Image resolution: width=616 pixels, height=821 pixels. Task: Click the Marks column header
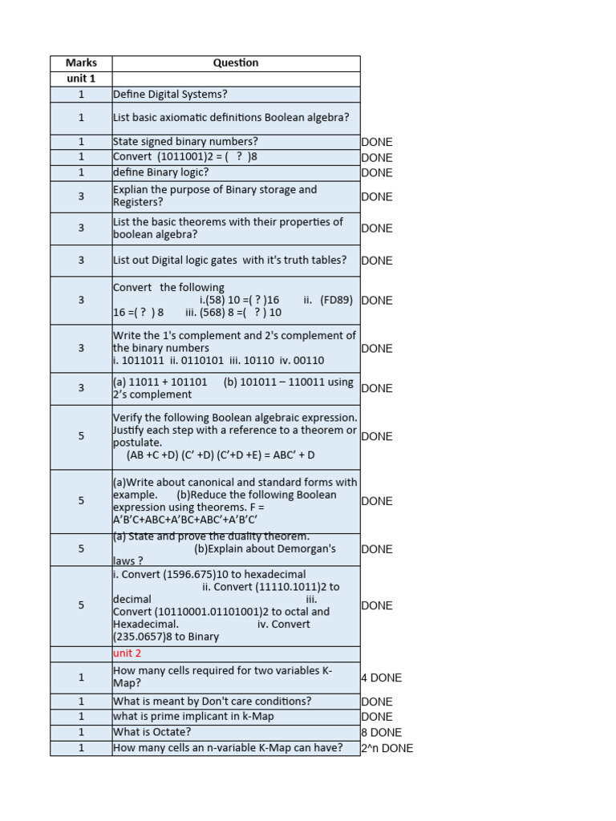[80, 63]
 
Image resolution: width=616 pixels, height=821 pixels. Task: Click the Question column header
[236, 63]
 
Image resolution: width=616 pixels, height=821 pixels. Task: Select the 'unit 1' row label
[80, 79]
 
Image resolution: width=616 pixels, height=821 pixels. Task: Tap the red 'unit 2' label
[127, 653]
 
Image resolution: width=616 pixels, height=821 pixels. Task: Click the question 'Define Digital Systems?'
[170, 95]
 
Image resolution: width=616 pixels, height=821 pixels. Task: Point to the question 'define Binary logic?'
[160, 172]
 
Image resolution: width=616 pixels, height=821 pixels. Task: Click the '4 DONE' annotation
[381, 677]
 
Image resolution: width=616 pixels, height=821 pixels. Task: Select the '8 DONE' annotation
[381, 732]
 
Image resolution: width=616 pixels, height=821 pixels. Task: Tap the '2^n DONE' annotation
[387, 748]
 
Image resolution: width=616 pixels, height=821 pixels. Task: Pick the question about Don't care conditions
[212, 702]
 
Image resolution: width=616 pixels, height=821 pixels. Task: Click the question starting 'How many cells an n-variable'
[228, 748]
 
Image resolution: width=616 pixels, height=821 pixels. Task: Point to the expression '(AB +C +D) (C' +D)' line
[221, 455]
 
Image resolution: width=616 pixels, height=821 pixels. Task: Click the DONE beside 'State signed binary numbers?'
[376, 142]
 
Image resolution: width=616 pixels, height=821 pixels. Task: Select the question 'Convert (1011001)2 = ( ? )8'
[185, 157]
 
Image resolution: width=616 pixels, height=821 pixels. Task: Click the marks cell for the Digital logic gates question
[80, 260]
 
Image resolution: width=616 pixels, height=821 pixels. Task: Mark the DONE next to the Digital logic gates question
[376, 261]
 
